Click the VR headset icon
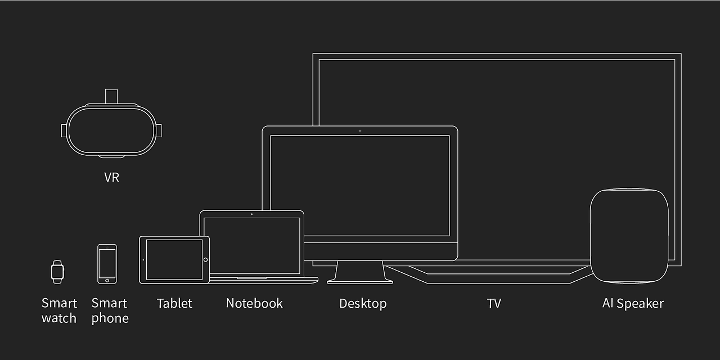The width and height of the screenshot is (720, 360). pos(111,129)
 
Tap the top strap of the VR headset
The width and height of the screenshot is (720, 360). pos(111,96)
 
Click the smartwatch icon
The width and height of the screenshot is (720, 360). pos(57,272)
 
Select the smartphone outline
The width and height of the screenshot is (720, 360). pos(107,264)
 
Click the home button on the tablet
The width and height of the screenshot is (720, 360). pos(205,260)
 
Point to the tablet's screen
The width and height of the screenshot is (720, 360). pos(174,259)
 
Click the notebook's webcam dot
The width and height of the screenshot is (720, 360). pos(251,214)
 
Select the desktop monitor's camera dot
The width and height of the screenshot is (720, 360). pos(360,131)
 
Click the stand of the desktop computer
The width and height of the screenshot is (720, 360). pos(360,272)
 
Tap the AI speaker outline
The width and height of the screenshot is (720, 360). pos(629,236)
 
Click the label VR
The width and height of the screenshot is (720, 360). pos(111,177)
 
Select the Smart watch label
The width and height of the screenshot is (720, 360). pos(59,310)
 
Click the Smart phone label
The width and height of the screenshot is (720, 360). pos(110,310)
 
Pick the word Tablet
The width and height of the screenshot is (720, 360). pos(174,303)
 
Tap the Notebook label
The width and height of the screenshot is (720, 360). pos(254,303)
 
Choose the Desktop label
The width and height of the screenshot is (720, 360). pos(363,303)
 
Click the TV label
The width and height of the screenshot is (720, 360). pos(494,303)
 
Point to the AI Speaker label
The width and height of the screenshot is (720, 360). pos(633,303)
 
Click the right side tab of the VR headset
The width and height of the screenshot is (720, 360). pos(159,130)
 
